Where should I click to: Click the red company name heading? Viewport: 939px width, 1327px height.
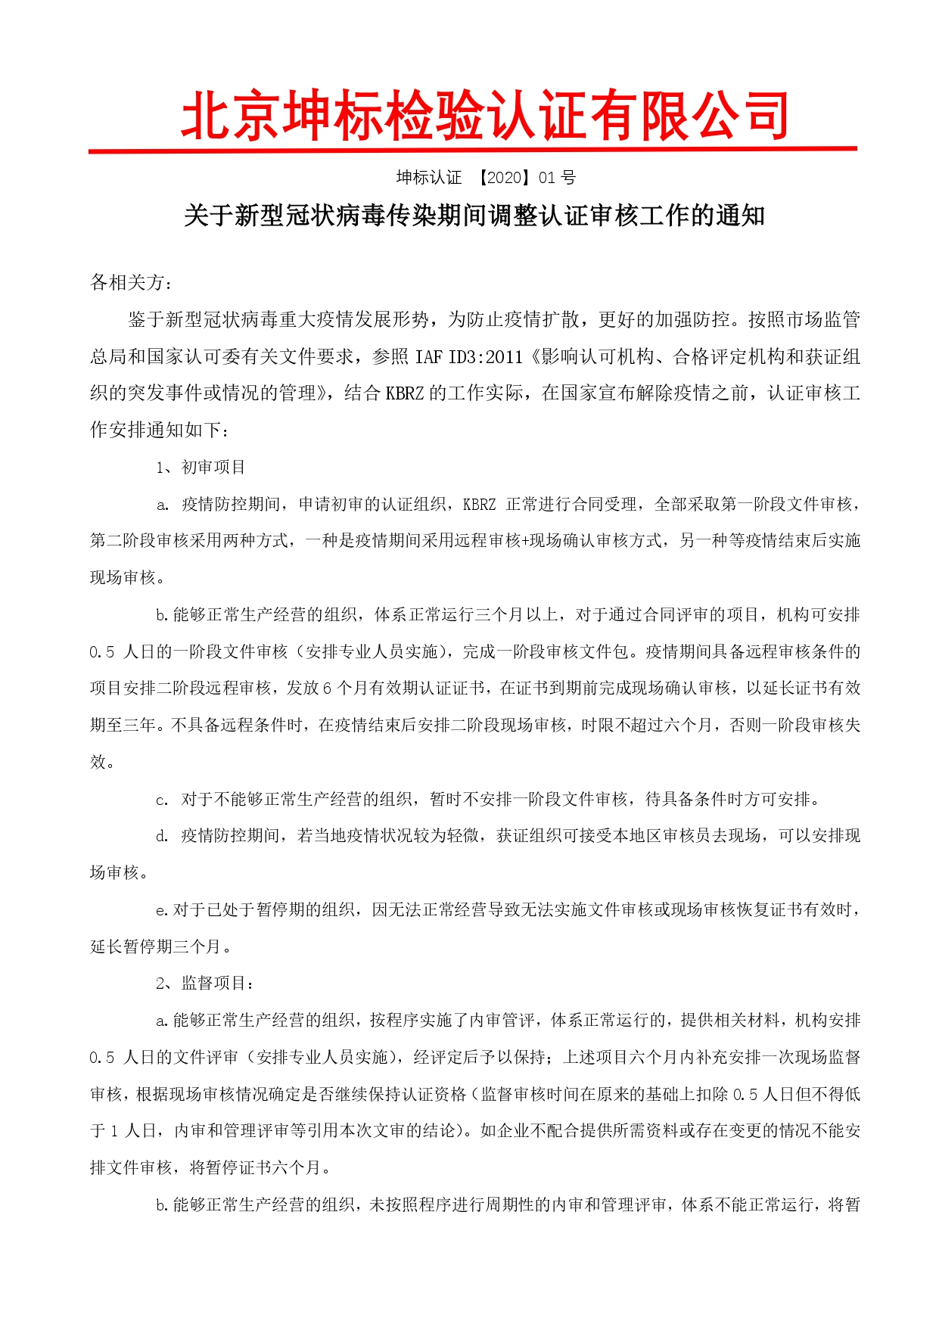pos(484,116)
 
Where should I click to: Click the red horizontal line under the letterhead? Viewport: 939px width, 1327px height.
pos(472,150)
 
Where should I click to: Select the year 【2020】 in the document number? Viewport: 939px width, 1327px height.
pos(505,178)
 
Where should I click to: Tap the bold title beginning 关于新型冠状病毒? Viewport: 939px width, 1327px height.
pos(474,216)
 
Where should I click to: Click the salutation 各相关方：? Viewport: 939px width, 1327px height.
pos(131,283)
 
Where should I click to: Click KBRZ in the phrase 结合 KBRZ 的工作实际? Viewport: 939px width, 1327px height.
pos(405,393)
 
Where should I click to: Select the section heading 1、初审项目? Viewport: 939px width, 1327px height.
pos(201,468)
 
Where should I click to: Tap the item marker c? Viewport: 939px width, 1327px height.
pos(162,800)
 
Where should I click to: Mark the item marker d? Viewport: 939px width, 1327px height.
pos(162,836)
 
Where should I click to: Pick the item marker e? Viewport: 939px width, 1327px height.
pos(160,910)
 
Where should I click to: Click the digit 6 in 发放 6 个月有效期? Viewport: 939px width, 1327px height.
pos(328,688)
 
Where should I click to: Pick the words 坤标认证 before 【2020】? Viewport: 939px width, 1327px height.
pos(429,178)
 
